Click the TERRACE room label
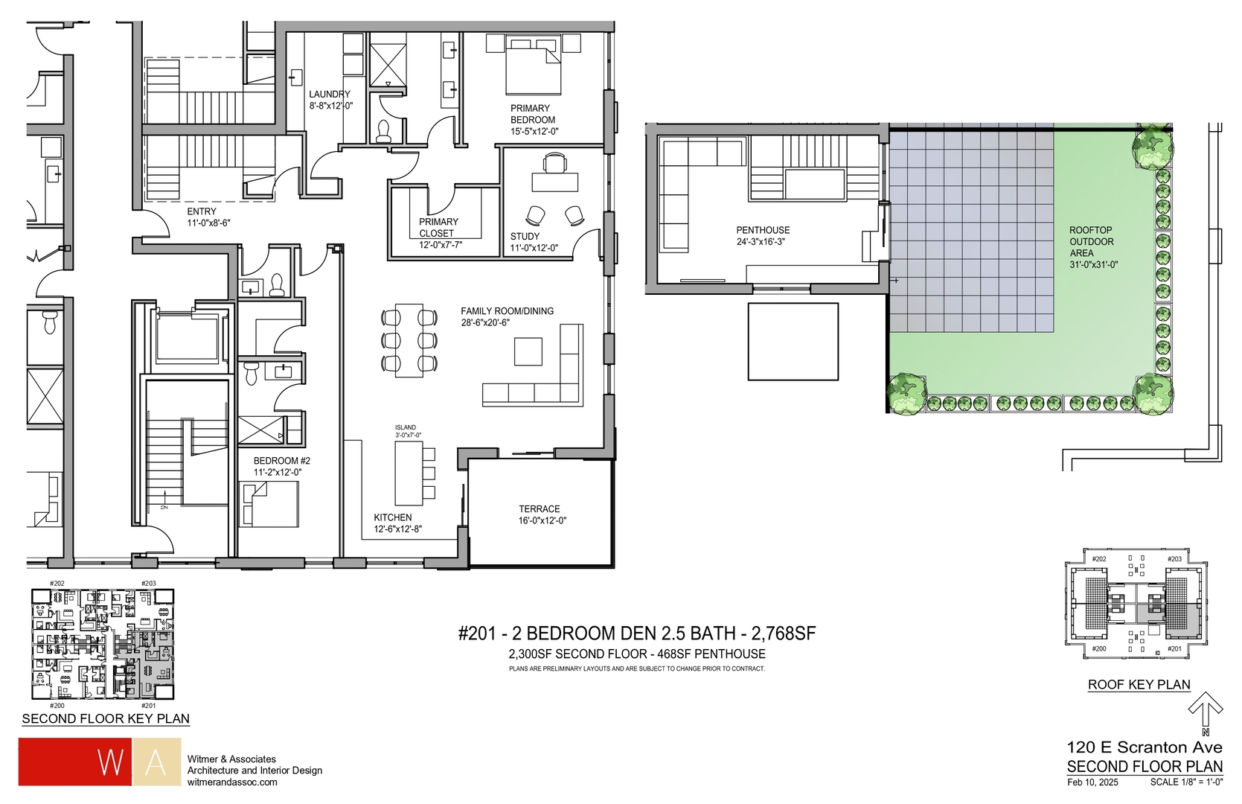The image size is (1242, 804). (x=540, y=509)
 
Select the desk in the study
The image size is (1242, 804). (x=554, y=182)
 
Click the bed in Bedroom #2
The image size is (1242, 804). (x=269, y=504)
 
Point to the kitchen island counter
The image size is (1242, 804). (x=409, y=473)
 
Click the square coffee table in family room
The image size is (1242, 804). (x=528, y=351)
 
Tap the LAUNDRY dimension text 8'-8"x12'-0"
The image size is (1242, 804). (x=331, y=106)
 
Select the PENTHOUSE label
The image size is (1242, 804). (x=763, y=230)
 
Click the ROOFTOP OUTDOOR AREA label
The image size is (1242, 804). (x=1091, y=242)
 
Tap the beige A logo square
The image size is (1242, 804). (x=155, y=762)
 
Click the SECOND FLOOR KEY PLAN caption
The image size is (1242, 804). (x=106, y=718)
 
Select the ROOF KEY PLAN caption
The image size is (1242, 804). (x=1139, y=684)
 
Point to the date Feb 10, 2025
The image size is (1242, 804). (x=1092, y=782)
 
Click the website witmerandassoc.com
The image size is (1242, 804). (x=232, y=782)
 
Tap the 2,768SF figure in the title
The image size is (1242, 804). (x=784, y=634)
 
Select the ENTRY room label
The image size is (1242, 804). (x=202, y=211)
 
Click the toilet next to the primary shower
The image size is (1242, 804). (x=384, y=131)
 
